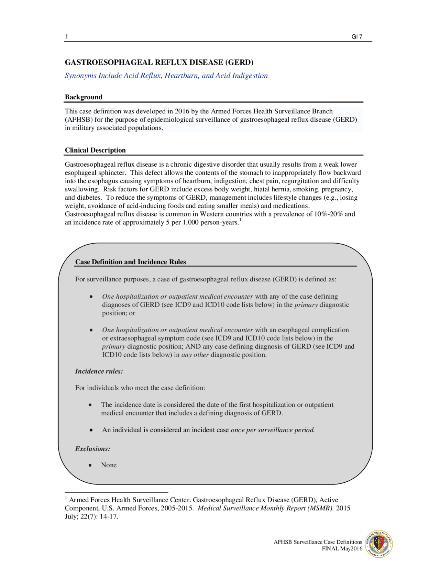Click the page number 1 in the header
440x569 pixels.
coord(66,36)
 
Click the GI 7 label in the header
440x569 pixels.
coord(357,37)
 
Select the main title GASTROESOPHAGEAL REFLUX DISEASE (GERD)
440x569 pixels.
coord(159,62)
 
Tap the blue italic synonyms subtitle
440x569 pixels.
coord(166,76)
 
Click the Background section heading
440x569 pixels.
coord(84,97)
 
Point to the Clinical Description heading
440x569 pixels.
coord(95,150)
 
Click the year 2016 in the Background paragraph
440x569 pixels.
coord(182,111)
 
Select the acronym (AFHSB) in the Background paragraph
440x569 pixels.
coord(79,120)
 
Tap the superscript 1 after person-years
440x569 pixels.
coord(240,220)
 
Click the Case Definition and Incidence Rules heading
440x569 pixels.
coord(131,262)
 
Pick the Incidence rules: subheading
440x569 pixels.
coord(99,371)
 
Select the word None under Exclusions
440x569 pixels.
coord(109,465)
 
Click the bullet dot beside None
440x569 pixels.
coord(90,465)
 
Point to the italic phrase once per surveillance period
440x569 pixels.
coord(273,430)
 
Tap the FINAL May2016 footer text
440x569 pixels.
coord(342,548)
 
